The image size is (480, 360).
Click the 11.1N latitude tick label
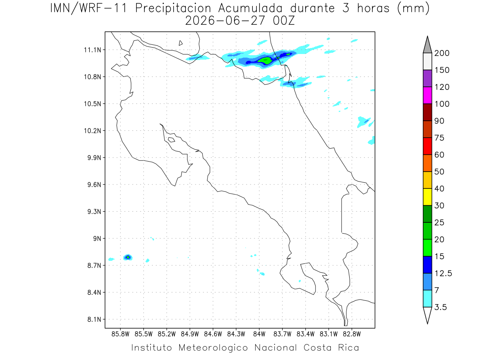coord(92,50)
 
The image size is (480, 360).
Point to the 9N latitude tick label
coord(97,238)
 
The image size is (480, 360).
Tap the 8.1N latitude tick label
coord(94,319)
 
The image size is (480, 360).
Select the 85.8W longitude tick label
coord(120,334)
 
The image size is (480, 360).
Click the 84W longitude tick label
coord(259,334)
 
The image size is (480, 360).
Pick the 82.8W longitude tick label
coord(352,334)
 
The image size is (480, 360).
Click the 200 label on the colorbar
coord(442,53)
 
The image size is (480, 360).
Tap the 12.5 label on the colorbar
coord(443,273)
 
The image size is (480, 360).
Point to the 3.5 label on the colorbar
coord(440,307)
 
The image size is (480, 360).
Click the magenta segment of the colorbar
coord(427,95)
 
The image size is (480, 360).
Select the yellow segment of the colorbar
coord(427,197)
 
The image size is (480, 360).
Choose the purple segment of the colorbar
coord(427,78)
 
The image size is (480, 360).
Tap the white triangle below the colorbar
coord(427,314)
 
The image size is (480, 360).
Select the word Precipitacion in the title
coord(173,9)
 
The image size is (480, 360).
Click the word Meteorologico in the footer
coord(213,348)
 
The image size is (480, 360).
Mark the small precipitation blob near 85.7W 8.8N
coord(128,257)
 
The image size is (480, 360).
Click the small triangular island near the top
coord(180,43)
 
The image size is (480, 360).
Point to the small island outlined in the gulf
coord(172,140)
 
